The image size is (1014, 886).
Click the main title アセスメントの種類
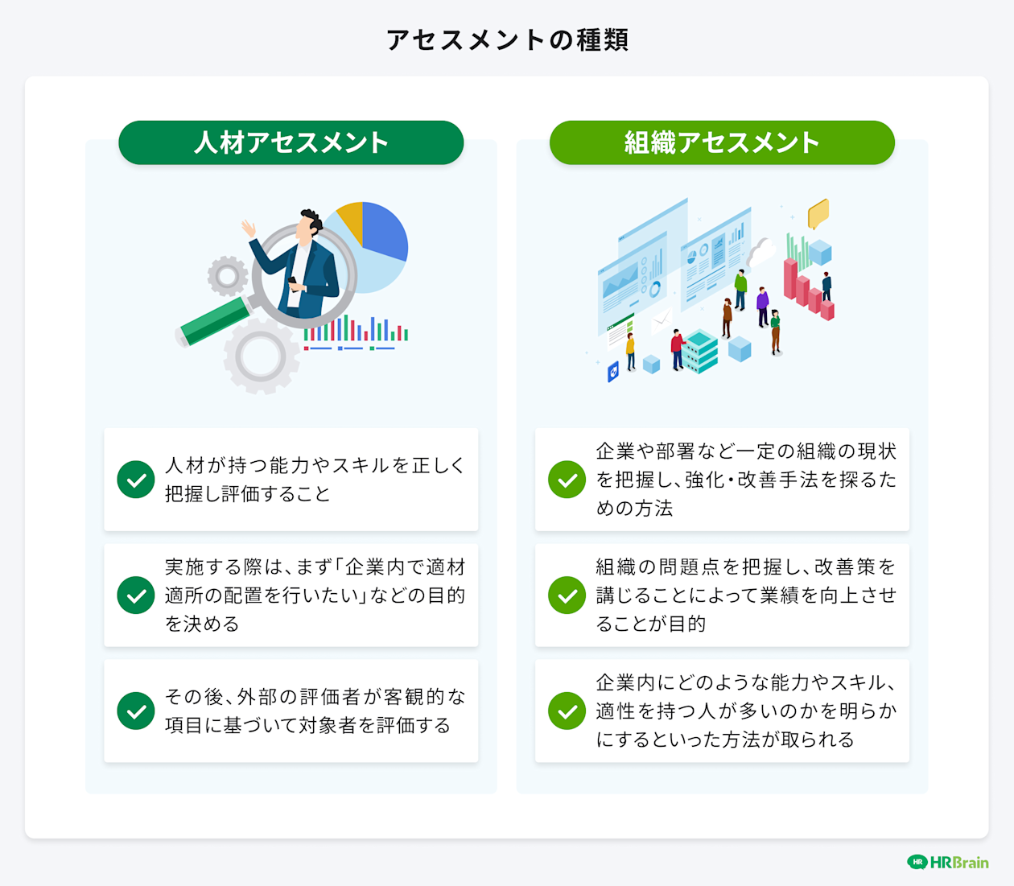point(507,39)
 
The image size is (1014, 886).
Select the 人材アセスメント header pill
point(291,142)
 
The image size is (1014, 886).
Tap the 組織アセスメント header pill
point(722,142)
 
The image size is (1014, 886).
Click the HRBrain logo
point(948,862)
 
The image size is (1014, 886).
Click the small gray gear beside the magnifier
point(228,276)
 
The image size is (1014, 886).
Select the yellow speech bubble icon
point(818,213)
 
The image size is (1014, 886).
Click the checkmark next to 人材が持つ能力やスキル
point(136,480)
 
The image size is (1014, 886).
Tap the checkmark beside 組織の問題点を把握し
point(567,595)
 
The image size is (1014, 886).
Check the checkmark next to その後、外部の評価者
point(136,711)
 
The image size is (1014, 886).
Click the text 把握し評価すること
point(248,493)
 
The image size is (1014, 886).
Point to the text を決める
point(202,624)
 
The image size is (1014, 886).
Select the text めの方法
point(634,508)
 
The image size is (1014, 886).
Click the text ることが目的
point(650,624)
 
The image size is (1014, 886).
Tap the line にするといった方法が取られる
point(725,740)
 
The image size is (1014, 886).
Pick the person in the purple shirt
point(762,306)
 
